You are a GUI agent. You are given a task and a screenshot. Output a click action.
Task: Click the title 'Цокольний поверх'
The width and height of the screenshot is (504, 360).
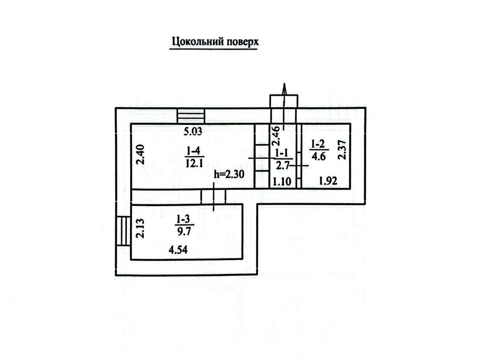coord(215,42)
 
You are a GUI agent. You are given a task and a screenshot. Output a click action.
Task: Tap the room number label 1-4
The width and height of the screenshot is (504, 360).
coord(193,151)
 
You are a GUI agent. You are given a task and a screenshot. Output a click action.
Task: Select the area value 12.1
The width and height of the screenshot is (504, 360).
coord(195,163)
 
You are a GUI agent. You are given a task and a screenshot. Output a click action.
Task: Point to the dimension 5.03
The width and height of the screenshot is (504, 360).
coord(193,132)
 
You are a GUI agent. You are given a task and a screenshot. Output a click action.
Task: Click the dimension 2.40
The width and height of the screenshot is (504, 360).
coord(141,154)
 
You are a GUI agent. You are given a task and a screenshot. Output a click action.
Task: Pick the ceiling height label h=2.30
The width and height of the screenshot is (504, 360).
coord(229,174)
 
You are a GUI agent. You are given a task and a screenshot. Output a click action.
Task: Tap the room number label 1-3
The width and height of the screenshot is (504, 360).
coord(183,219)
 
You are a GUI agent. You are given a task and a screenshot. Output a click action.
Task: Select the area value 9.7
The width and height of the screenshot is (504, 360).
coord(184,231)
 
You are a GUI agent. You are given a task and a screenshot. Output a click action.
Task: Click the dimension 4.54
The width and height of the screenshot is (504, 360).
coord(178,250)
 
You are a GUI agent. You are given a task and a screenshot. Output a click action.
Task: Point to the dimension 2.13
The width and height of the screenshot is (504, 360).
coord(141,228)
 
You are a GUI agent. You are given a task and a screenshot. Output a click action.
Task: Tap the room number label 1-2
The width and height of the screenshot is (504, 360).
coord(318,144)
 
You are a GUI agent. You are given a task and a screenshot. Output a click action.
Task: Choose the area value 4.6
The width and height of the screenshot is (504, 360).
coord(319,156)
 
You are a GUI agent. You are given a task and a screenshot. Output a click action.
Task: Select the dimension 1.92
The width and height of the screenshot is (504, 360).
coord(328,181)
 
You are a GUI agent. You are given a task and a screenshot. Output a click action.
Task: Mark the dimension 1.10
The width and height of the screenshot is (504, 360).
coord(282,181)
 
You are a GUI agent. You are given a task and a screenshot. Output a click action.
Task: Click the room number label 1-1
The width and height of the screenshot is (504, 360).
coord(282,154)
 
